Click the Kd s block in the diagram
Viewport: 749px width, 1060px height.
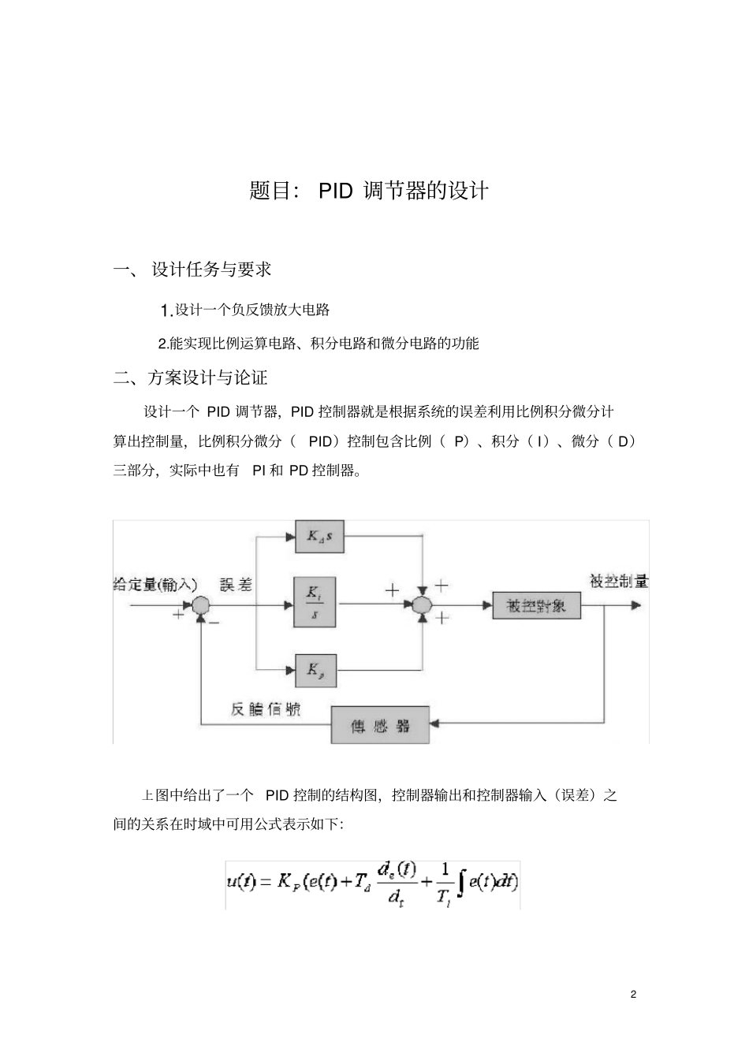click(x=320, y=537)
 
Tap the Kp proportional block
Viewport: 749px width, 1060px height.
click(x=315, y=670)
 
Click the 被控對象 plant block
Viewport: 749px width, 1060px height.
click(x=536, y=605)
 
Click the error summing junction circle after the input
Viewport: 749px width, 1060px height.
click(x=201, y=605)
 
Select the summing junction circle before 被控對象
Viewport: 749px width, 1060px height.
click(x=423, y=605)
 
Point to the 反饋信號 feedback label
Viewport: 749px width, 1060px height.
click(x=266, y=709)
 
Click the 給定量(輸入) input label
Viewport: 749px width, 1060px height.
click(x=155, y=584)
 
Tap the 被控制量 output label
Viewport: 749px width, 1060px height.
click(x=619, y=582)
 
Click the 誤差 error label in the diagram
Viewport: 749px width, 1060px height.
click(x=236, y=584)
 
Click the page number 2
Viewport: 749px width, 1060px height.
click(x=633, y=994)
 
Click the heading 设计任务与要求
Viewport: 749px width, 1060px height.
click(x=211, y=270)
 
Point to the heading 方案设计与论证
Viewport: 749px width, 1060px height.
click(x=208, y=378)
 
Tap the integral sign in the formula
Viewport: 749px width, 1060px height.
click(x=460, y=883)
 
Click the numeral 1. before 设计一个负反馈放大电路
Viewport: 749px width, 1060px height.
click(x=166, y=311)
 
